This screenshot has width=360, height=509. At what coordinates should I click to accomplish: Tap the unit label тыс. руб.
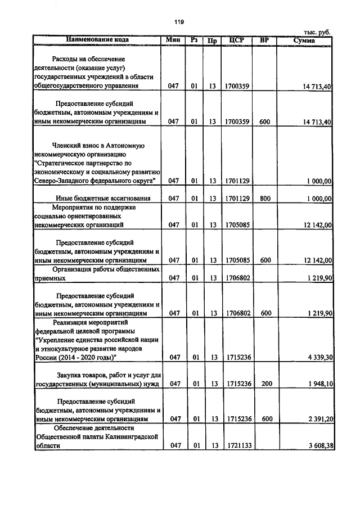tap(317, 33)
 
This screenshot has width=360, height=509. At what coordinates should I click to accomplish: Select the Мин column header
tap(173, 40)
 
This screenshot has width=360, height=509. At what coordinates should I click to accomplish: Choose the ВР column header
tap(265, 40)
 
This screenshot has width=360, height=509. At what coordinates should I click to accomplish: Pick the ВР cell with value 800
tap(265, 198)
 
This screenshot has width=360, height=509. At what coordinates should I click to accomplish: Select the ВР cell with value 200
tap(265, 384)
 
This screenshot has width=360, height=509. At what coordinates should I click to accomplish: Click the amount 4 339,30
tap(317, 357)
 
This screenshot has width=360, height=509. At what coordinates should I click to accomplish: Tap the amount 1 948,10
tap(317, 384)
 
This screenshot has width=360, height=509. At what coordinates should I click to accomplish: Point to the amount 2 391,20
tap(317, 419)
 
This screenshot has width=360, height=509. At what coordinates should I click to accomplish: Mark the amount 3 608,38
tap(317, 445)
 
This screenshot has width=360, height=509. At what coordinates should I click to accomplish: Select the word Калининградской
tap(132, 436)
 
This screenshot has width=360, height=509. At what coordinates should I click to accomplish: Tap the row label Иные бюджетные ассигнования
tap(102, 198)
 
